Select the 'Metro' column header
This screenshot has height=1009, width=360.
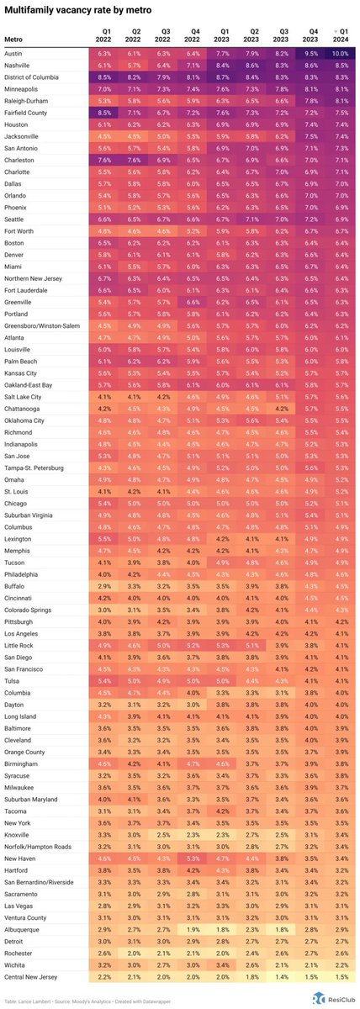coord(13,39)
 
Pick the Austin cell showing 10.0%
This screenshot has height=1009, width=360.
coord(341,52)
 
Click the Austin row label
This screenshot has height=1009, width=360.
coord(16,52)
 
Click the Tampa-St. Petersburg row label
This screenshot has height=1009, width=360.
coord(34,468)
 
